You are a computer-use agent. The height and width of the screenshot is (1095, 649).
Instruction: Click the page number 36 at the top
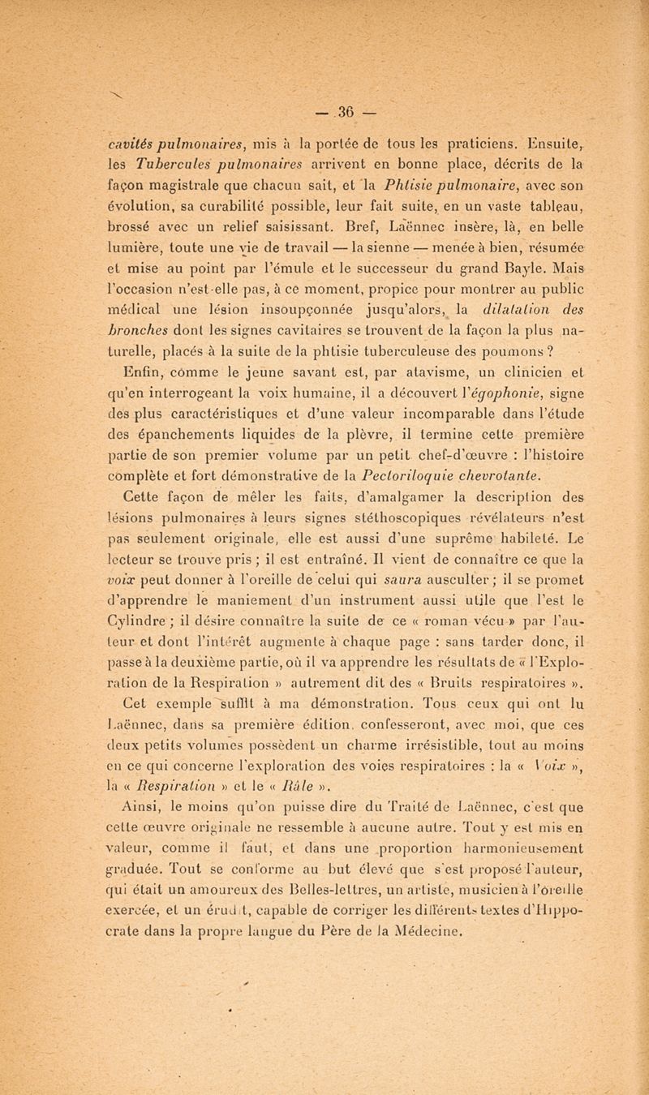tap(324, 87)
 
